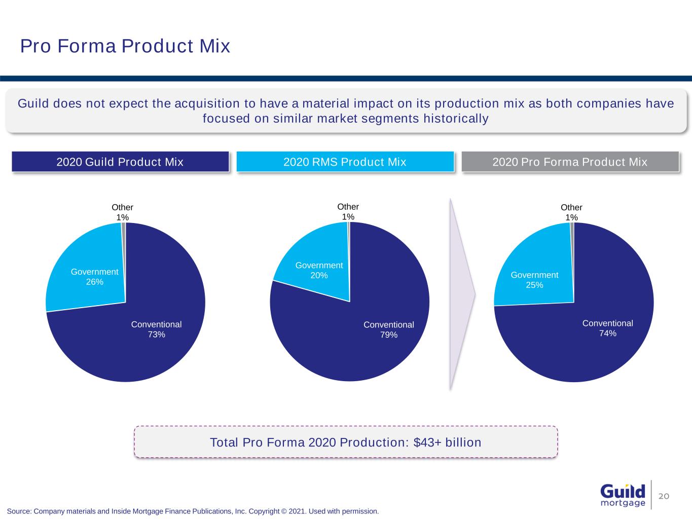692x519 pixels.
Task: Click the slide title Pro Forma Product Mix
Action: [125, 46]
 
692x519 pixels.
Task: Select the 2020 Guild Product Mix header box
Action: [120, 162]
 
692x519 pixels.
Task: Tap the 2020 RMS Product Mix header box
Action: [345, 162]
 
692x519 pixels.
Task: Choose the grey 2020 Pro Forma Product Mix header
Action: [570, 162]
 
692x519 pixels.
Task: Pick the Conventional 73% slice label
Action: [156, 329]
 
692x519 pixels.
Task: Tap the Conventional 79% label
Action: [389, 330]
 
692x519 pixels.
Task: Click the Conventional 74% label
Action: [607, 328]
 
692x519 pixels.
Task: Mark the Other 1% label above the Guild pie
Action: [122, 212]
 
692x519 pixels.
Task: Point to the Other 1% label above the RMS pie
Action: [348, 212]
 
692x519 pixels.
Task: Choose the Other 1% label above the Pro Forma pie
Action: [571, 212]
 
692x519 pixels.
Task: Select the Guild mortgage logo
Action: [623, 495]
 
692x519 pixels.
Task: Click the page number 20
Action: [664, 496]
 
